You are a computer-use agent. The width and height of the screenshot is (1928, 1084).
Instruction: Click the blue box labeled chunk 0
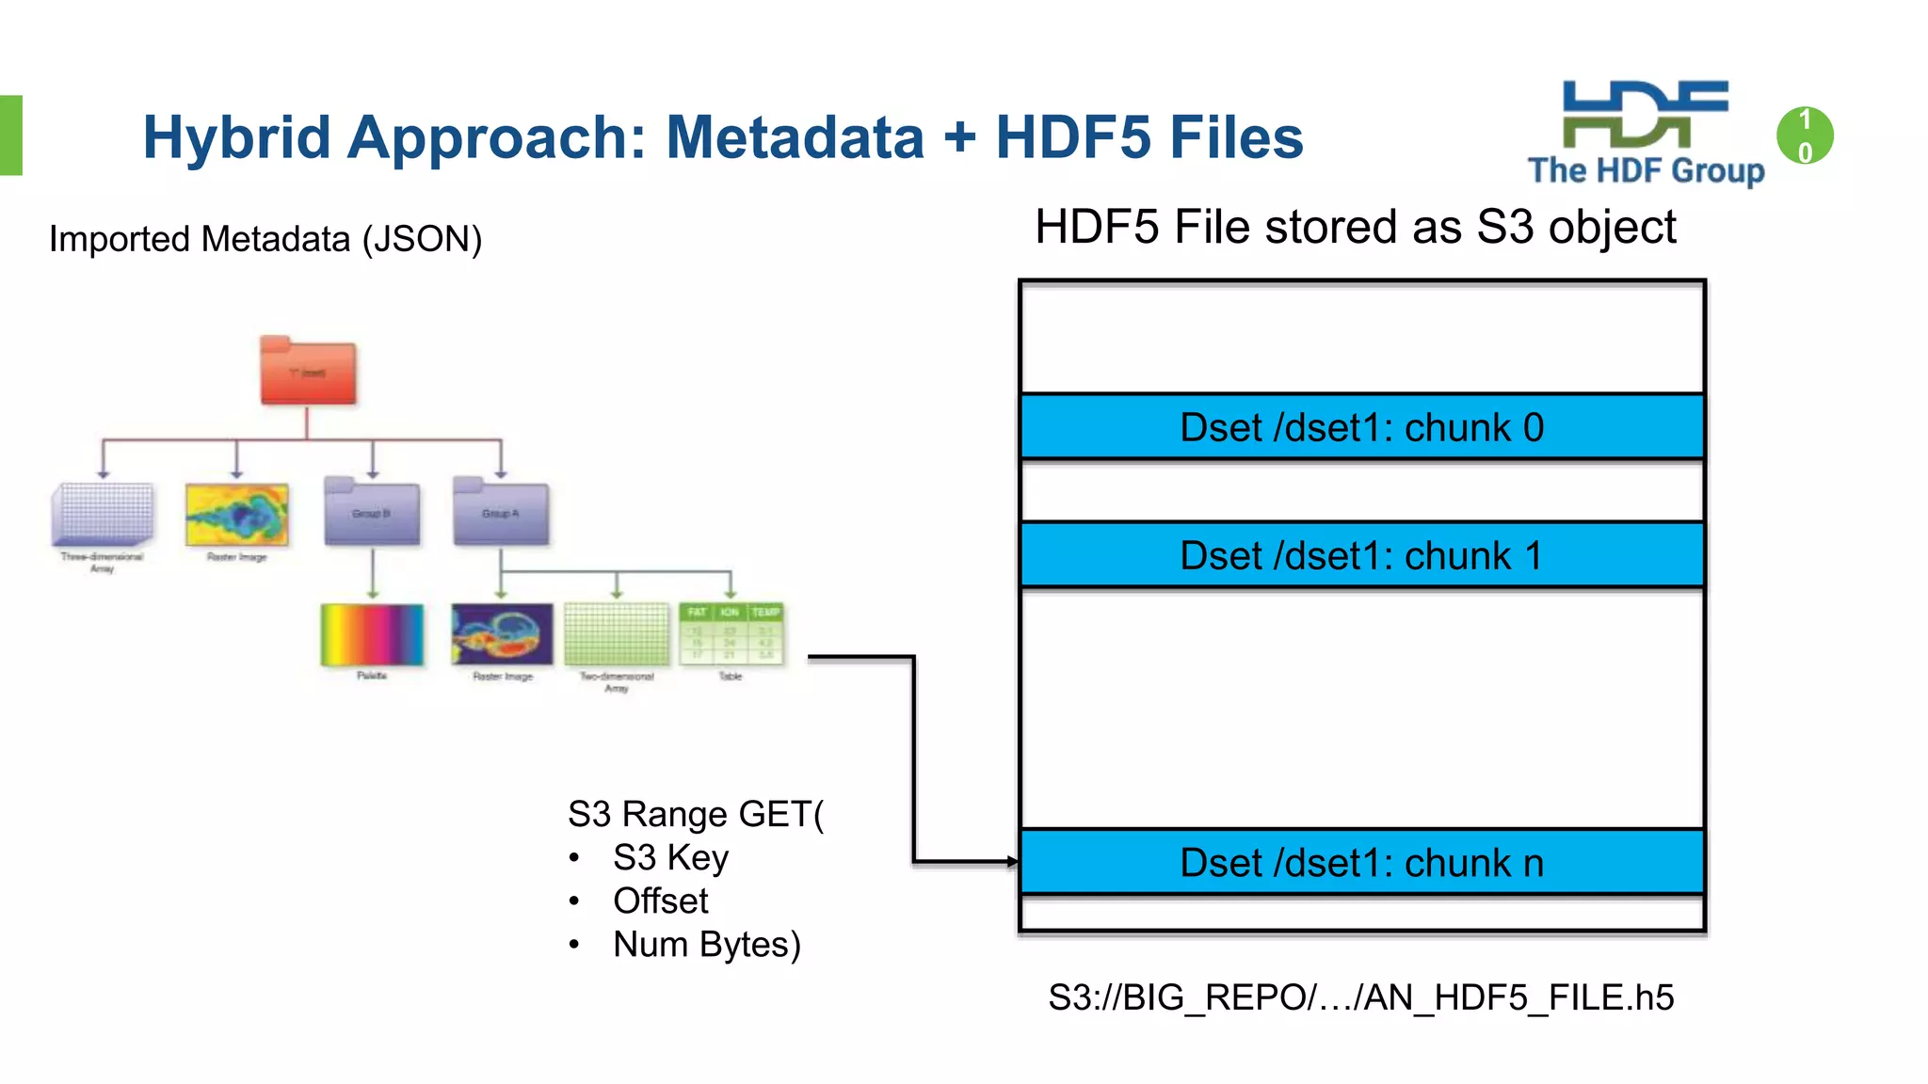[x=1361, y=427]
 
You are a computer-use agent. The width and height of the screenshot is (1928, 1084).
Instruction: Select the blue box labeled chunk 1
[x=1361, y=555]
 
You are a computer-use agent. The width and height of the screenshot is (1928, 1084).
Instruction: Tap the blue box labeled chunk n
[x=1361, y=862]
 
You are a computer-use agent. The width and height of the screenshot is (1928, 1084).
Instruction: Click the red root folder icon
[x=308, y=372]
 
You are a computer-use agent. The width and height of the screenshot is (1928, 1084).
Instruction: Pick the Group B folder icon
[x=372, y=513]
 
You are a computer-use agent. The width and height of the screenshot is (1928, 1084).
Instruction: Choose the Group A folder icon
[x=500, y=513]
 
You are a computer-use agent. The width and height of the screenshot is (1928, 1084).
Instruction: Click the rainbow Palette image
[x=372, y=635]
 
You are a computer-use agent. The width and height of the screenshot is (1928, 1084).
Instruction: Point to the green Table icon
[x=731, y=634]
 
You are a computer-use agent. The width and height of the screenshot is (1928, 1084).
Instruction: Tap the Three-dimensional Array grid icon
[x=103, y=514]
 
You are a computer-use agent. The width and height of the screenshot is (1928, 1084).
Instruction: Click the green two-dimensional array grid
[x=616, y=634]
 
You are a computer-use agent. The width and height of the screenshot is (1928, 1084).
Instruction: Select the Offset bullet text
[x=660, y=901]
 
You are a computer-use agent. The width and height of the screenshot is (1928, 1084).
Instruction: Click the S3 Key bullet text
[x=670, y=858]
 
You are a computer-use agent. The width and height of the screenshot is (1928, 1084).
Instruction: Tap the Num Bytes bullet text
[x=706, y=945]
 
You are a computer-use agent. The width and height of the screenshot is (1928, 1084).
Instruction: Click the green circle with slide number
[x=1804, y=135]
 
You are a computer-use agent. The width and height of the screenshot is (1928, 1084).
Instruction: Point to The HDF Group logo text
[x=1646, y=170]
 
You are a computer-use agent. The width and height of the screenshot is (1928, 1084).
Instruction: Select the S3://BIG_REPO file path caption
[x=1360, y=997]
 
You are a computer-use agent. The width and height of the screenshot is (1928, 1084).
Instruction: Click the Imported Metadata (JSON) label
[x=265, y=239]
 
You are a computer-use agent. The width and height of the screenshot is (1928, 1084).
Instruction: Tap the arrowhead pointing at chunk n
[x=1012, y=861]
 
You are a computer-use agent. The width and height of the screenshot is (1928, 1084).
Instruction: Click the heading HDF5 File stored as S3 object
[x=1355, y=228]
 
